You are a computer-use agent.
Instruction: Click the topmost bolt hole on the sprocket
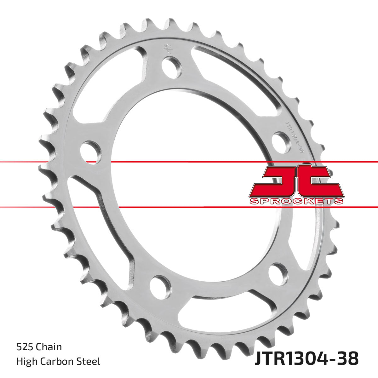point(172,67)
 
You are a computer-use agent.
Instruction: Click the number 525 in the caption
point(25,347)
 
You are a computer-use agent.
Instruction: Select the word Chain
point(49,347)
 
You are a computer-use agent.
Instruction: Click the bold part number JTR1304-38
point(306,359)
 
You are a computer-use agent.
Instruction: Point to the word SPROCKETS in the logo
point(296,201)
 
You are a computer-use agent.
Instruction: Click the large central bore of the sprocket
point(186,186)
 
